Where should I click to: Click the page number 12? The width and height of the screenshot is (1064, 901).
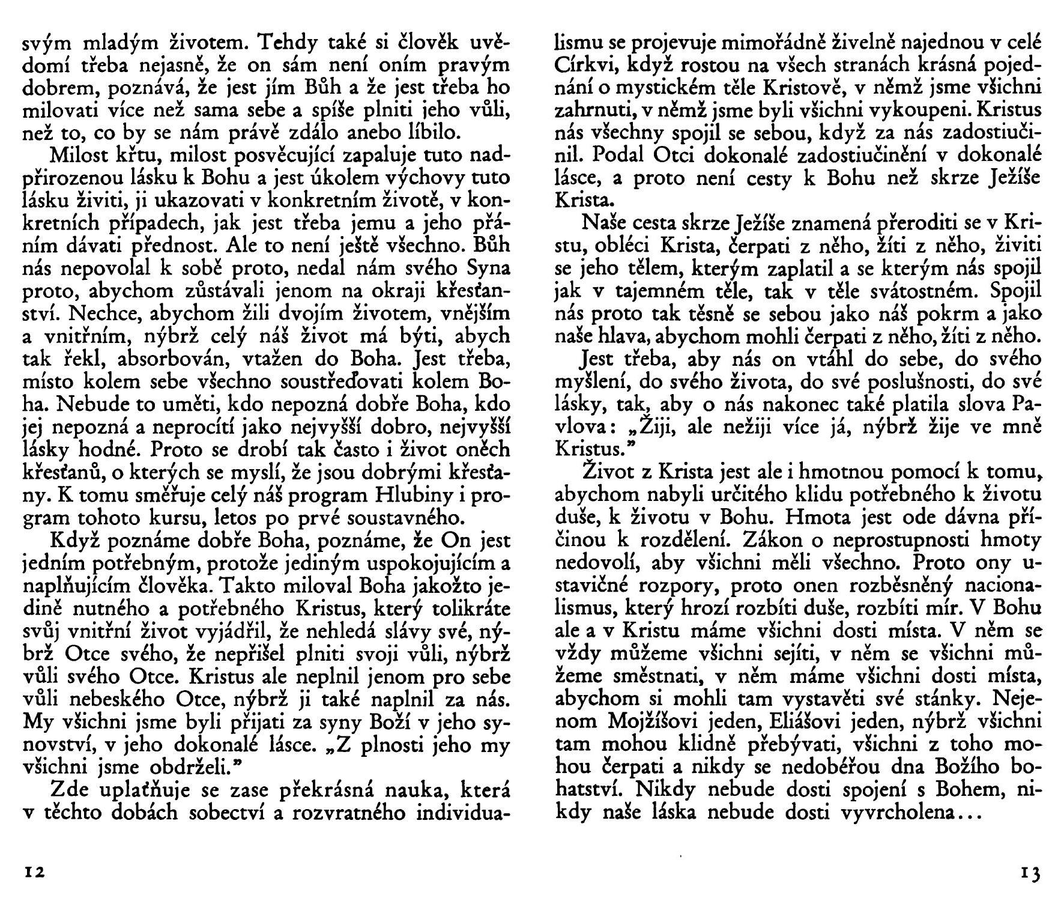(x=33, y=872)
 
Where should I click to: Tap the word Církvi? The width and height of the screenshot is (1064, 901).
(x=582, y=66)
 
